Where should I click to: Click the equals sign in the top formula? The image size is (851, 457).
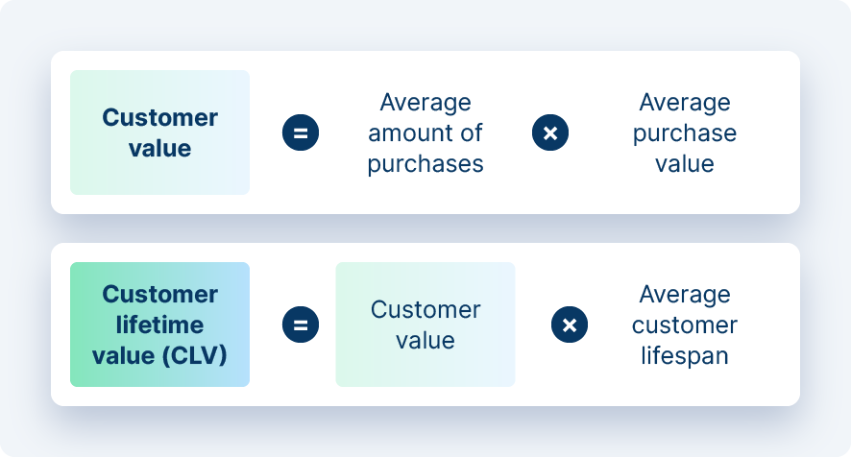point(300,132)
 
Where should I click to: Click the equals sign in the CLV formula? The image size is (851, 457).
point(300,325)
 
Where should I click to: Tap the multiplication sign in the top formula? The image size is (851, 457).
point(550,132)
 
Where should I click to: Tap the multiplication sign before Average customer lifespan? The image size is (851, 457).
point(570,325)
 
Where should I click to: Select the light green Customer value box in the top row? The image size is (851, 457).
point(159,132)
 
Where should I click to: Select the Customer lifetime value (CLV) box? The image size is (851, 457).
point(159,325)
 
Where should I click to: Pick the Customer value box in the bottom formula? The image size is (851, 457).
point(425,325)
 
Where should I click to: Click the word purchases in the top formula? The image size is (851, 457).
point(425,163)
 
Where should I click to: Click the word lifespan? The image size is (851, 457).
point(685,355)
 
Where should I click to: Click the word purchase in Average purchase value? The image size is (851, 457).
point(685,132)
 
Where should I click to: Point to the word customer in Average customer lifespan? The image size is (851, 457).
point(685,325)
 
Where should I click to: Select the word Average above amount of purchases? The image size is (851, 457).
point(425,102)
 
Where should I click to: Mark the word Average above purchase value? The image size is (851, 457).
point(685,102)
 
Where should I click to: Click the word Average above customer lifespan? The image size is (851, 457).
point(685,294)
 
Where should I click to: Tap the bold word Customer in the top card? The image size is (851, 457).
point(159,117)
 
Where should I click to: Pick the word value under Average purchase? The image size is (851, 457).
point(685,163)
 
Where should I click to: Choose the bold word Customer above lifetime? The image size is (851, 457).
point(159,294)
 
